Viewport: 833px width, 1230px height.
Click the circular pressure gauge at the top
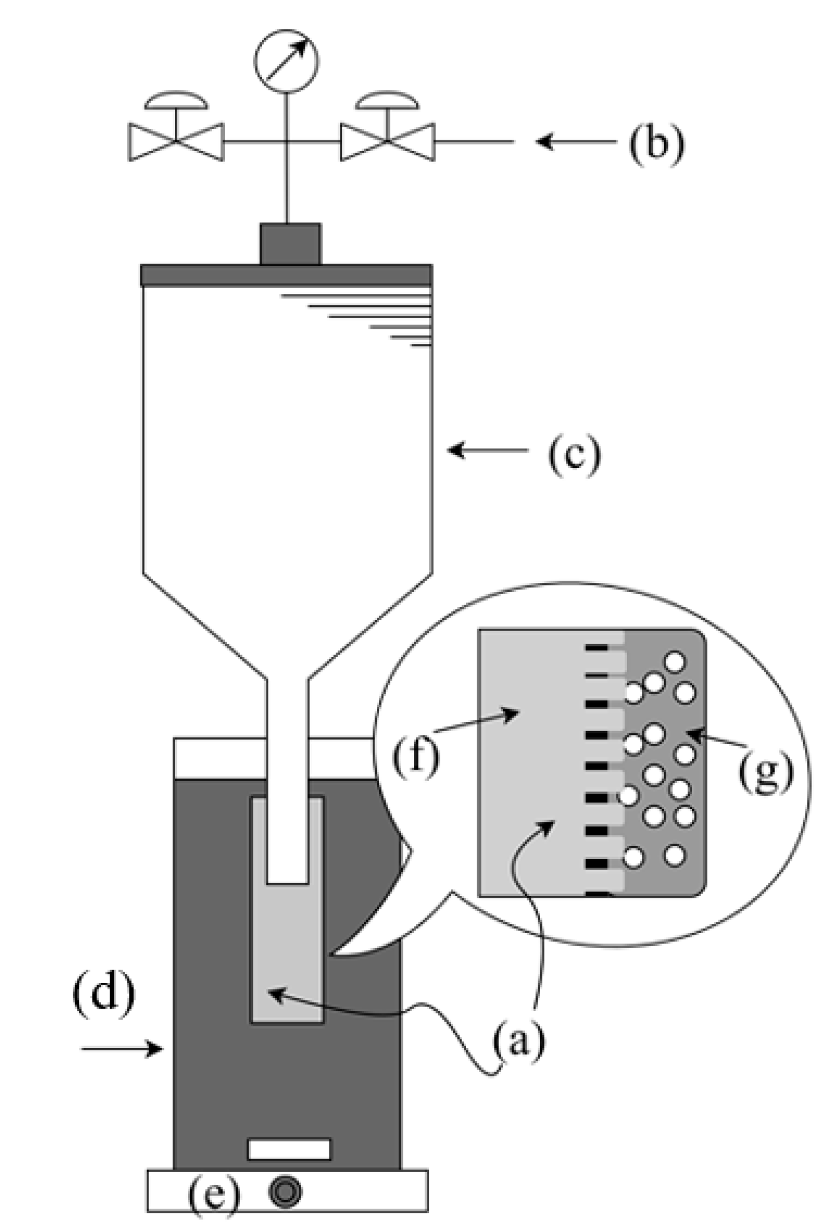pyautogui.click(x=286, y=61)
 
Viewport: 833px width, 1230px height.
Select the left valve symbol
pyautogui.click(x=176, y=141)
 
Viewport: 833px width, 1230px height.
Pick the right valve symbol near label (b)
pyautogui.click(x=387, y=141)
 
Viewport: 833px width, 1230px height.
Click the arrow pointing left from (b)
pyautogui.click(x=575, y=141)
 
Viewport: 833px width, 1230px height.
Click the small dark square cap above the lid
pyautogui.click(x=290, y=244)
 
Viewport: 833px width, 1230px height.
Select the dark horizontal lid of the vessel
pyautogui.click(x=286, y=275)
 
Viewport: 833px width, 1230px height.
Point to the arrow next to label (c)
pyautogui.click(x=487, y=451)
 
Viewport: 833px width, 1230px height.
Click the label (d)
pyautogui.click(x=103, y=992)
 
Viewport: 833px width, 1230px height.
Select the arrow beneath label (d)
pyautogui.click(x=122, y=1048)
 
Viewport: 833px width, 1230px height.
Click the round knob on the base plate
pyautogui.click(x=286, y=1192)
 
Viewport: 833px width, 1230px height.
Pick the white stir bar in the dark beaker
pyautogui.click(x=289, y=1149)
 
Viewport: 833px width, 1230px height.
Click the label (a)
pyautogui.click(x=519, y=1042)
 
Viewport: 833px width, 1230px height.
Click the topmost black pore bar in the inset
pyautogui.click(x=596, y=648)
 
